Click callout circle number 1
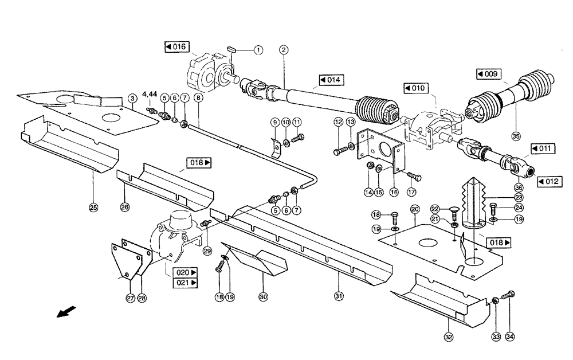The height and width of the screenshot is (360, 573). (x=258, y=50)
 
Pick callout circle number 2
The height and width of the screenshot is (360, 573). (x=284, y=50)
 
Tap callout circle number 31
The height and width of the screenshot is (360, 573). (x=339, y=296)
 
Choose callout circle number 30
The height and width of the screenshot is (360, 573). (x=263, y=296)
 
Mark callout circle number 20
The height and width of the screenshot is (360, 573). (x=415, y=209)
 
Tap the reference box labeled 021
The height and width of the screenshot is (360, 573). (x=186, y=283)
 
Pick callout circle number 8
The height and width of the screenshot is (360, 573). (x=198, y=98)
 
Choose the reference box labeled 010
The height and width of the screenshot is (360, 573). (x=415, y=88)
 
